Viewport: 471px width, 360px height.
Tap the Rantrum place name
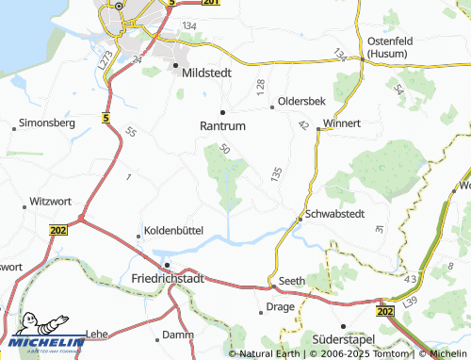(222, 124)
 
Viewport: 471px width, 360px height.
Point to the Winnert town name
(342, 123)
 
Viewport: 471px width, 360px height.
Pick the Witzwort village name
(52, 201)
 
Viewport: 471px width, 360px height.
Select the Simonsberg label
(47, 123)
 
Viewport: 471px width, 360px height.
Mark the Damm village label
(178, 335)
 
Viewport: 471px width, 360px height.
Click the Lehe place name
(98, 334)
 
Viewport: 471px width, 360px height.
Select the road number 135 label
(275, 174)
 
